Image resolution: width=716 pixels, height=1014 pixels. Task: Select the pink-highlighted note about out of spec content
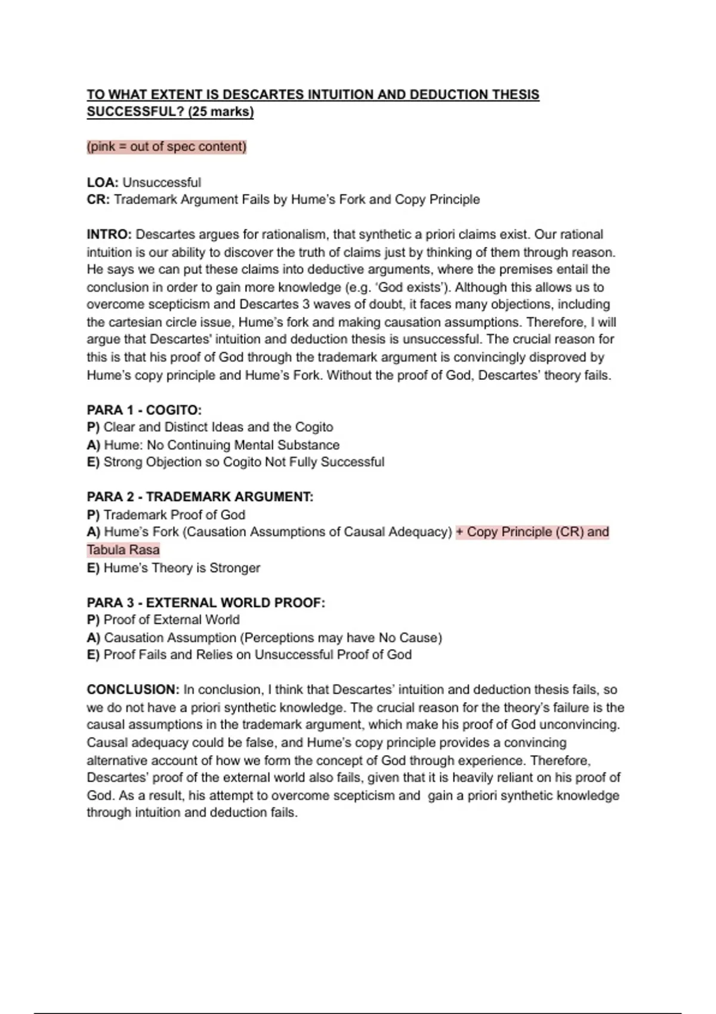tap(166, 147)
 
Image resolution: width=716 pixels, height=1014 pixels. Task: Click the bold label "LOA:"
tap(103, 182)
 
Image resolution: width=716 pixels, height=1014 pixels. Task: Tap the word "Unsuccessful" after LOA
tap(162, 182)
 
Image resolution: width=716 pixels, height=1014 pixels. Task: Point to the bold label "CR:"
tap(98, 199)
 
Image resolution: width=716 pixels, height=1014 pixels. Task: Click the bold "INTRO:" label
tap(109, 234)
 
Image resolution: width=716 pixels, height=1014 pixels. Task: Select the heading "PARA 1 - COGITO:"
tap(144, 410)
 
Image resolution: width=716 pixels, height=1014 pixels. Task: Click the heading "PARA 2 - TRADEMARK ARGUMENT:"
tap(200, 496)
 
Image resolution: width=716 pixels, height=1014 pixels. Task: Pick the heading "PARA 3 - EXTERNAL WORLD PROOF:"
tap(206, 602)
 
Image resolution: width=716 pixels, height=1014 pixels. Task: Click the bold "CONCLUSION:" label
tap(133, 690)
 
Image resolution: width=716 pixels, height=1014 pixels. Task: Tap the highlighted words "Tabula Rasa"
tap(124, 549)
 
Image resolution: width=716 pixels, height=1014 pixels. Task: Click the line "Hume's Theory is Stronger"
tap(182, 568)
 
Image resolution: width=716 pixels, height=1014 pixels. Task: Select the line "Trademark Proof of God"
tap(174, 514)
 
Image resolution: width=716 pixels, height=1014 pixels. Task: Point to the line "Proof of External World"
tap(171, 620)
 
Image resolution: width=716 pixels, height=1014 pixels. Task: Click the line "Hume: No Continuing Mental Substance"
tap(221, 445)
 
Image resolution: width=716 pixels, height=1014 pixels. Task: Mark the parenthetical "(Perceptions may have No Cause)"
tap(341, 638)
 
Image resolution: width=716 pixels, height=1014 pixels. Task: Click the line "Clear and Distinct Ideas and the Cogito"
tap(218, 427)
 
